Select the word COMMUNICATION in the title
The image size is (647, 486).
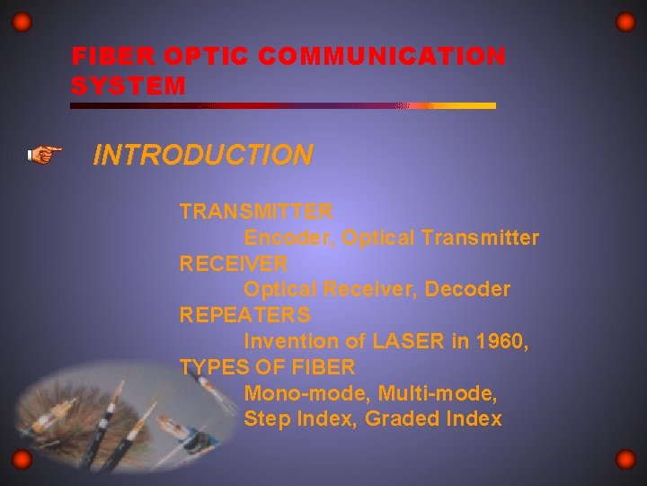(382, 57)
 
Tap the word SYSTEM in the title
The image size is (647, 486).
(129, 86)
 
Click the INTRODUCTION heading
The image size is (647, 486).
(203, 156)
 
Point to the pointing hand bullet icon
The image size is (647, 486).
(44, 155)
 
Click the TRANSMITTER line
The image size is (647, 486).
(256, 212)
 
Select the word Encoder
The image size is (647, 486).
(288, 238)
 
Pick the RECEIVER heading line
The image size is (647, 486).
(234, 265)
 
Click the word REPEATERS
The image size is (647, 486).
(245, 316)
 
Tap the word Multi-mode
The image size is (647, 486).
(438, 393)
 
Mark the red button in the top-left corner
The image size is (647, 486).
(22, 22)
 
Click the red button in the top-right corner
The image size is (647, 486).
(625, 22)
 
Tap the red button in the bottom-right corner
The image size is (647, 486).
(625, 460)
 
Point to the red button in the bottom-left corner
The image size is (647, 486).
(22, 460)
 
